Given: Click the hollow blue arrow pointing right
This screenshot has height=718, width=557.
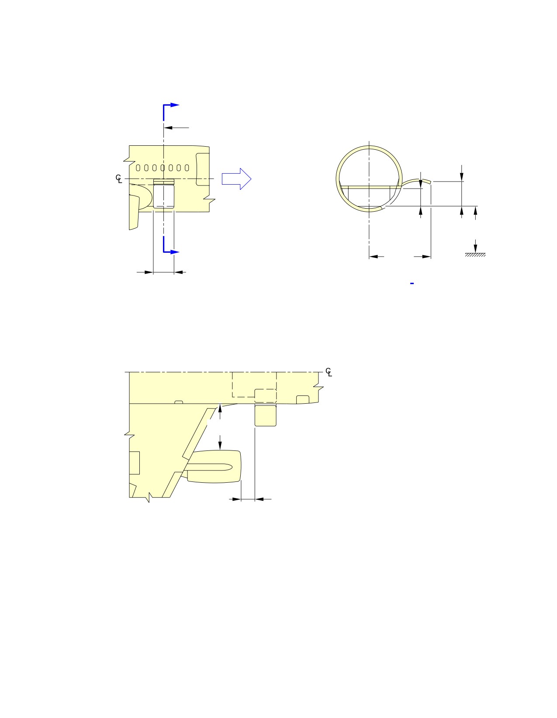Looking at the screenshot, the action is (236, 179).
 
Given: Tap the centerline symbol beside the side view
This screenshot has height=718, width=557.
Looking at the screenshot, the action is (119, 179).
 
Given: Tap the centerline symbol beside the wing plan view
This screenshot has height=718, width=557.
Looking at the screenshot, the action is (329, 372).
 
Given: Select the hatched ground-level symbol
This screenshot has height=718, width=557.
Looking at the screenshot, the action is (475, 255).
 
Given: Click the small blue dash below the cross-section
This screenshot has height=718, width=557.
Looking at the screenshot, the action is (412, 283).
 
